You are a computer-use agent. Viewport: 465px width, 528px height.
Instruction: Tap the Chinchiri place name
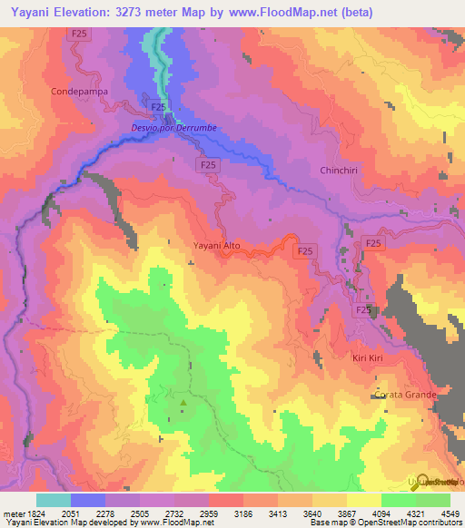point(341,171)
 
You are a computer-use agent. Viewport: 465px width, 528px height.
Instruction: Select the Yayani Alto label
point(217,245)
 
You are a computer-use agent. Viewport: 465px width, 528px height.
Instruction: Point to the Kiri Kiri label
point(370,358)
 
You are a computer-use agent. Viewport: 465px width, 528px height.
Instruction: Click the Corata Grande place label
point(403,395)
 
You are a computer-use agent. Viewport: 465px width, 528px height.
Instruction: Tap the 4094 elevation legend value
point(367,513)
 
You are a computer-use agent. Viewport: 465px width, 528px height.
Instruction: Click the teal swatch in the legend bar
point(54,500)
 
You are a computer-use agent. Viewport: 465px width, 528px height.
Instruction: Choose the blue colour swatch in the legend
point(88,500)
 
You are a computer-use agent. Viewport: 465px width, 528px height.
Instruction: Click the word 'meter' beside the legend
point(12,513)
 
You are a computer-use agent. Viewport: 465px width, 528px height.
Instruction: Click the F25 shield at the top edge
point(79,34)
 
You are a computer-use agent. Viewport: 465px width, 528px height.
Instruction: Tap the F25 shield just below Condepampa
point(157,106)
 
